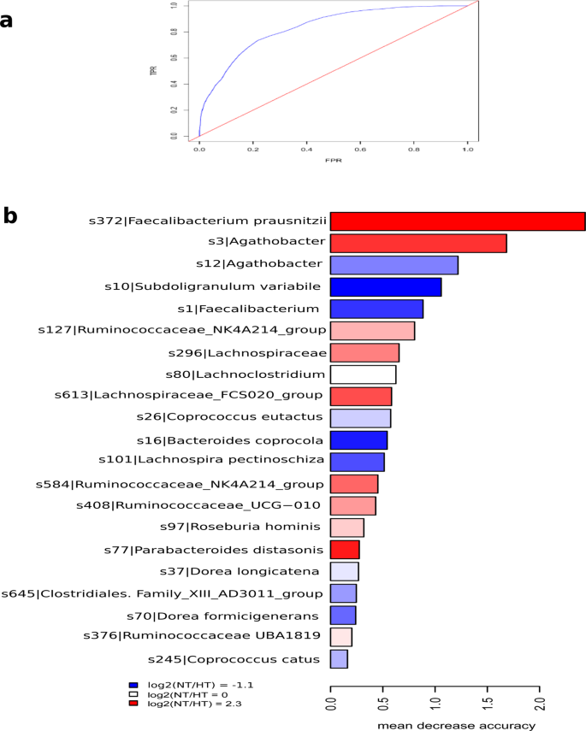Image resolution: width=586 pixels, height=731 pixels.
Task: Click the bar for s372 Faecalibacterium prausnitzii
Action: pyautogui.click(x=458, y=221)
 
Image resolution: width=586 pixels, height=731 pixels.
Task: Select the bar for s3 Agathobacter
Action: pyautogui.click(x=418, y=244)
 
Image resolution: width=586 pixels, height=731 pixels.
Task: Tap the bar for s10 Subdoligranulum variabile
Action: pyautogui.click(x=386, y=286)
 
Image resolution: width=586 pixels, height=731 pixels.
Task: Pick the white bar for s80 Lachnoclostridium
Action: pyautogui.click(x=363, y=374)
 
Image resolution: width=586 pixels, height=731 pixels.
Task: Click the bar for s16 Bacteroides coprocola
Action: pyautogui.click(x=358, y=440)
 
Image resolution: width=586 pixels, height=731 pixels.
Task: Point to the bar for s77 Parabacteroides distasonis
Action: pyautogui.click(x=345, y=549)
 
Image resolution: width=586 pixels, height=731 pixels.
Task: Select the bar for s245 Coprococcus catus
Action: pyautogui.click(x=339, y=658)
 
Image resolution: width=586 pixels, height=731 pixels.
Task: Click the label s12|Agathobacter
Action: pyautogui.click(x=264, y=264)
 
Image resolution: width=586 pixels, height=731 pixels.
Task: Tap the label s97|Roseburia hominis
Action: pyautogui.click(x=257, y=526)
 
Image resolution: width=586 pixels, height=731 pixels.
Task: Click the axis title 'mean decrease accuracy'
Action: pyautogui.click(x=457, y=725)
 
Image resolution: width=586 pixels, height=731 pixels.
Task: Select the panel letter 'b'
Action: pyautogui.click(x=10, y=215)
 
